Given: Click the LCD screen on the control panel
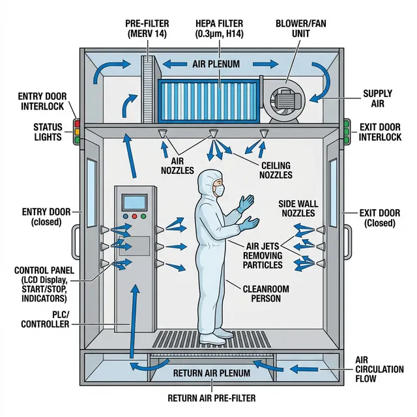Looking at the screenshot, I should (x=136, y=202).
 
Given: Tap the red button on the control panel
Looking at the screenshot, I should (x=126, y=217).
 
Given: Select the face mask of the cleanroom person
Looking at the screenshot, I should (x=219, y=190).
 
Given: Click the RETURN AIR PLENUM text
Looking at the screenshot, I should (x=212, y=373).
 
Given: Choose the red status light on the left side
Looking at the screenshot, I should (x=76, y=122).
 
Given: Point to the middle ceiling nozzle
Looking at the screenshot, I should (x=212, y=134).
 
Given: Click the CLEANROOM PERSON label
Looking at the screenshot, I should (x=265, y=293).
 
